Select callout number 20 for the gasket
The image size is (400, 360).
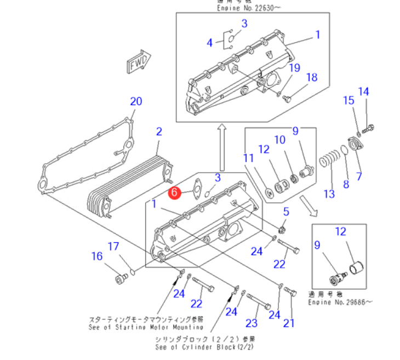point(136,101)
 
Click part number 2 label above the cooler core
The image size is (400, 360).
point(159,132)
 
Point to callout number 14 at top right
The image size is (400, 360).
point(364,92)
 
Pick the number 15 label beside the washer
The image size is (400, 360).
point(349,100)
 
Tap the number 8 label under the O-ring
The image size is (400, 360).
point(346,185)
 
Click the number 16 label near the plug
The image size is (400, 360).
point(97,256)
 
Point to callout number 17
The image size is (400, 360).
point(113,247)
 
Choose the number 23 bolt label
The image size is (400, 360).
point(252,323)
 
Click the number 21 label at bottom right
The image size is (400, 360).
point(289,323)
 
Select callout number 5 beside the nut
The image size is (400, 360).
point(286,212)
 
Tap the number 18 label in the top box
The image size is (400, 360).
point(311,78)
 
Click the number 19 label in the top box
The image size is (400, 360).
point(295,68)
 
